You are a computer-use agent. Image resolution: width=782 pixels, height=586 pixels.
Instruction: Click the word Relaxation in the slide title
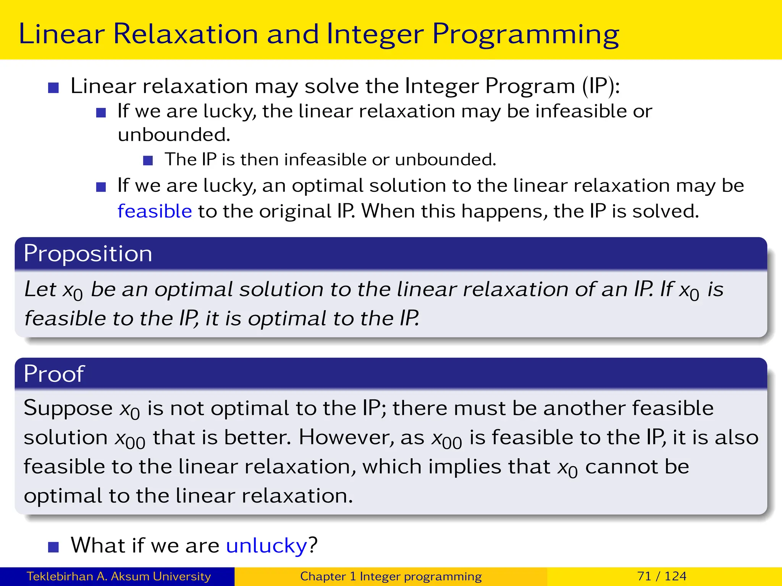tap(186, 34)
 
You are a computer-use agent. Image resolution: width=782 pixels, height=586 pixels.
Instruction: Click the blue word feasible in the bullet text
tap(155, 211)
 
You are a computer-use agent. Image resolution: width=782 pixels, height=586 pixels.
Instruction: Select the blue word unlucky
tap(266, 545)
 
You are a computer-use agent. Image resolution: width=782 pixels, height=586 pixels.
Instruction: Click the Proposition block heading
tap(88, 254)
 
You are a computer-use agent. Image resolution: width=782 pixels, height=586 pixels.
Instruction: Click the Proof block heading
tap(54, 373)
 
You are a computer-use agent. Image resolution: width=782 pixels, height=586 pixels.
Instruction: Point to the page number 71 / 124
tap(661, 576)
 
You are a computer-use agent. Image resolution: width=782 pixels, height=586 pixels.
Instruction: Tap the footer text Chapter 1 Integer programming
tap(391, 576)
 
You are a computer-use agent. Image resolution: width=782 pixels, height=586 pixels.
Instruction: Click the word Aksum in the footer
tap(130, 576)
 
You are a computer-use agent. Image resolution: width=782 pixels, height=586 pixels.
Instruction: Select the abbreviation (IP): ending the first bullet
tap(601, 86)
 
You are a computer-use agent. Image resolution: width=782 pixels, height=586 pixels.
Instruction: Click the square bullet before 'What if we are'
tap(53, 547)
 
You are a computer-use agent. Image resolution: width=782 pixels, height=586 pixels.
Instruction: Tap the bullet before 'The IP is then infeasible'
tap(148, 160)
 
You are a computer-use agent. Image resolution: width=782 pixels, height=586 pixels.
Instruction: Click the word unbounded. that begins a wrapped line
tap(174, 135)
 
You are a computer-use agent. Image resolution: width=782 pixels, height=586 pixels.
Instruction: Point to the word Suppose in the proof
tap(68, 408)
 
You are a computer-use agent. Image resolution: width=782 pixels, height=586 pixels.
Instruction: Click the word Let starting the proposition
tap(40, 289)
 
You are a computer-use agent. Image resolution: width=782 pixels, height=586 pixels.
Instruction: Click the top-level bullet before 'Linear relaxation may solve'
tap(53, 88)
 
